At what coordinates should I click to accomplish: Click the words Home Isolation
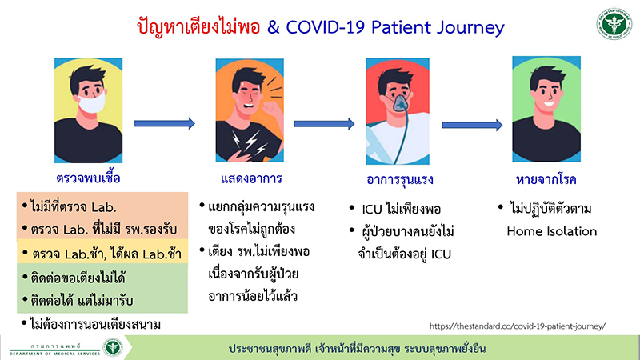(551, 231)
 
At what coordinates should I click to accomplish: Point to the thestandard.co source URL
(518, 326)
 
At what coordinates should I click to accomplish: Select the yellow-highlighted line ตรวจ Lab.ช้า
(104, 254)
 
